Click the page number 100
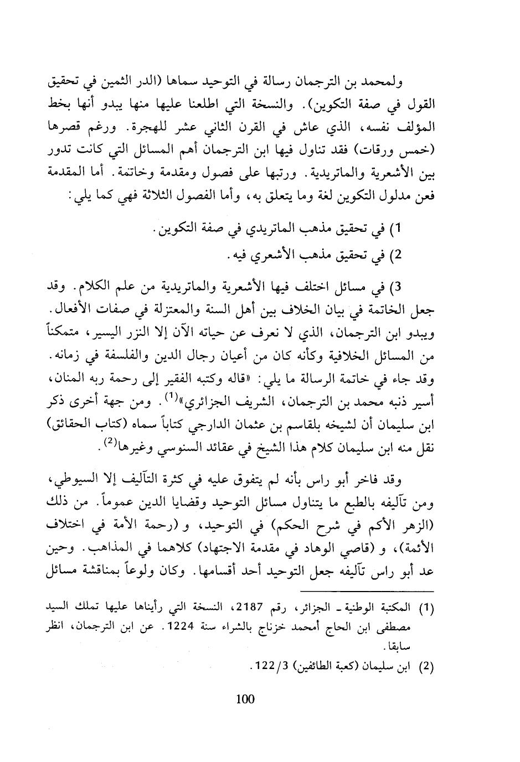click(245, 698)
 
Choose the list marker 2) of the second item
click(395, 257)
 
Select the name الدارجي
click(204, 413)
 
